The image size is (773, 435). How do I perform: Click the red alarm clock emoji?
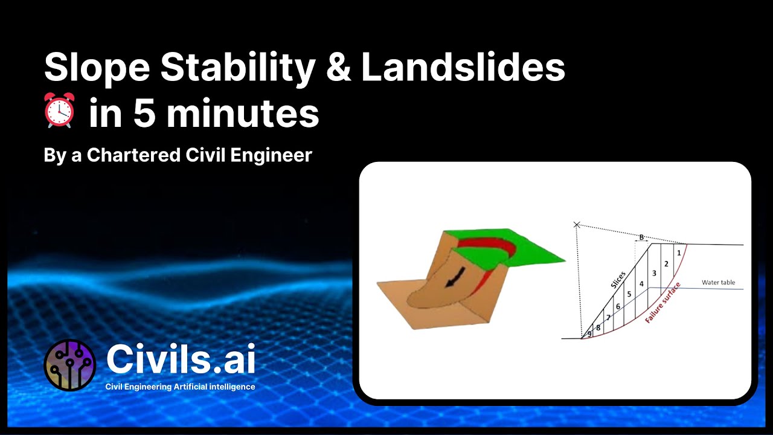59,110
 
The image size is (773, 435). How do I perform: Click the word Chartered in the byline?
133,155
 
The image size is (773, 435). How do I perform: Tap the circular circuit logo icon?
70,365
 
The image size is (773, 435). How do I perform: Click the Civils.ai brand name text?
181,359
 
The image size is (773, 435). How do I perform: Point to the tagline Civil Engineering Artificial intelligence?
180,387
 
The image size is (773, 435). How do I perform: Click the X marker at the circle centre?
577,225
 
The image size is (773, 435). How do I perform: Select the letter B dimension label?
641,237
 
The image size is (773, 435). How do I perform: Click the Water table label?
718,282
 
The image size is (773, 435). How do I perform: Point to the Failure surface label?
663,302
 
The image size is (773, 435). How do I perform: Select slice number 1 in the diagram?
679,253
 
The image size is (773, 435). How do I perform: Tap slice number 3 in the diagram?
654,273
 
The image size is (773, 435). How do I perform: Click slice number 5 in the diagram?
629,294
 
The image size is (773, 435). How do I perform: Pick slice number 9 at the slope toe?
589,333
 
